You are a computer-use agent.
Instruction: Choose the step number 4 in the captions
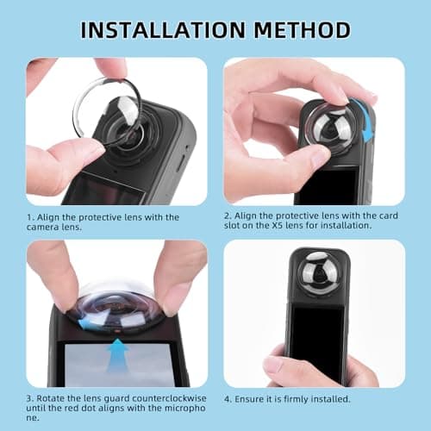(x=227, y=398)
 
